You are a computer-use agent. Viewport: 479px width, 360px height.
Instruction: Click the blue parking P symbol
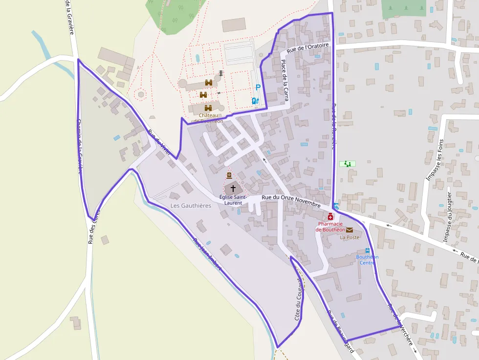[258, 88]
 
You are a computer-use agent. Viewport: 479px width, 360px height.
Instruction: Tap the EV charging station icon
[254, 101]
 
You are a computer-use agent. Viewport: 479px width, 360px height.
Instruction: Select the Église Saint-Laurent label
[233, 199]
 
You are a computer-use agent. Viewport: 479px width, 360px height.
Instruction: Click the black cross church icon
[233, 188]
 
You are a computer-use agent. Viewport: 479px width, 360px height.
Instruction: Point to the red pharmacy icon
[330, 216]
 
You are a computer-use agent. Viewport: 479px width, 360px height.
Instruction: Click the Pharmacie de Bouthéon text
[330, 227]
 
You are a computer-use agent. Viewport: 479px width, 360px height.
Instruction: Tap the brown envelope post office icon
[349, 230]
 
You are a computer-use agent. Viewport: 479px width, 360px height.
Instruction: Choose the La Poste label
[349, 237]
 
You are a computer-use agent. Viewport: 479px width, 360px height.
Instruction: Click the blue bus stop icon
[368, 251]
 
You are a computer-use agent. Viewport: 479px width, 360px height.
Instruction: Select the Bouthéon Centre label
[368, 259]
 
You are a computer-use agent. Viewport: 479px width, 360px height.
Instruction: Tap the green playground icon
[348, 164]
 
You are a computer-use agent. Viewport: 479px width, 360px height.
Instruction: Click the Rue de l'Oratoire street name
[309, 48]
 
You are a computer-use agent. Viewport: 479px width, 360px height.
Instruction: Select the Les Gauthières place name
[191, 206]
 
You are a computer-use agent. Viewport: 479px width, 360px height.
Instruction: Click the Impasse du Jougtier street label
[449, 217]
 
